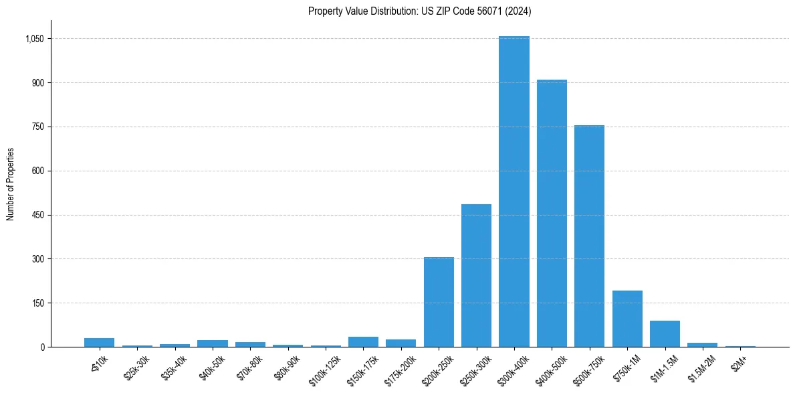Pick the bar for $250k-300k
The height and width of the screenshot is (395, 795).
pyautogui.click(x=476, y=275)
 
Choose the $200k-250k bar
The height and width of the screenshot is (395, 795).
pyautogui.click(x=439, y=302)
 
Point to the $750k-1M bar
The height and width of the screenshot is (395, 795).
pyautogui.click(x=627, y=319)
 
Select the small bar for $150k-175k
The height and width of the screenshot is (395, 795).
pyautogui.click(x=363, y=341)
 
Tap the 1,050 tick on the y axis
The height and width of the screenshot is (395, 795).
pyautogui.click(x=33, y=39)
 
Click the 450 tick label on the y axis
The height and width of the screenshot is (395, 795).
pyautogui.click(x=37, y=215)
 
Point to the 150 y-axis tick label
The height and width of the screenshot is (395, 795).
pyautogui.click(x=37, y=303)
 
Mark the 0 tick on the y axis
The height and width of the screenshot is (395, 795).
pyautogui.click(x=41, y=347)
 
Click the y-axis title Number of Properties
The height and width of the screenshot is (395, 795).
pyautogui.click(x=10, y=184)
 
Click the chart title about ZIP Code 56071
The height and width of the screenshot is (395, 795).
pyautogui.click(x=420, y=11)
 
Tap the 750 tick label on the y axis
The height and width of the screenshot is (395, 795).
pyautogui.click(x=37, y=127)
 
